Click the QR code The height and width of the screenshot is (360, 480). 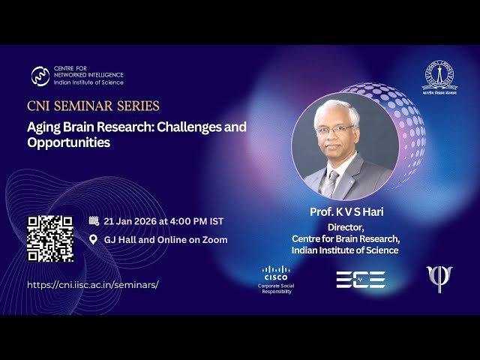50,238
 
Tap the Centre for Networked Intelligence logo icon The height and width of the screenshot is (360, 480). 40,76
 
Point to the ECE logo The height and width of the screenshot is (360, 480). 360,280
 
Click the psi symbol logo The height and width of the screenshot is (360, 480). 439,278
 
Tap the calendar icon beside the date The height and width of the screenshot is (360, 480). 94,221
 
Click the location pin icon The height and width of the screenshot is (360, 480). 94,240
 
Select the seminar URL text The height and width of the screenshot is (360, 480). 93,285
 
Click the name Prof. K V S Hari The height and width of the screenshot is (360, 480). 346,212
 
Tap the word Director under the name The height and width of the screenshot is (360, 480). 346,226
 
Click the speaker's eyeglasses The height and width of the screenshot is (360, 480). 335,130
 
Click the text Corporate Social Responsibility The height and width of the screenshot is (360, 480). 275,288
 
